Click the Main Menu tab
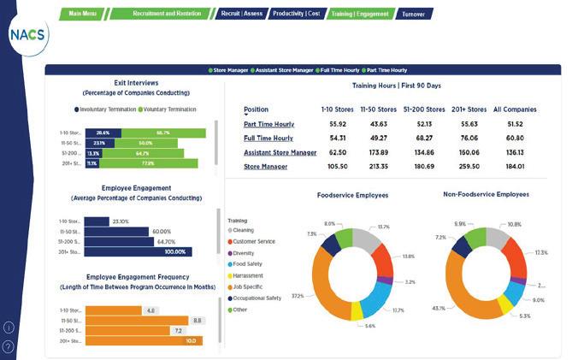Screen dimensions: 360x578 point(82,14)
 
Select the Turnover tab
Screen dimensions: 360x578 point(415,14)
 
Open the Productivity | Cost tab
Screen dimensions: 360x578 point(295,14)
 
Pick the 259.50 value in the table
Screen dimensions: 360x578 point(469,166)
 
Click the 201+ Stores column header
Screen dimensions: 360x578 point(469,109)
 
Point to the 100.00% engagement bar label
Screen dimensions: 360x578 point(174,251)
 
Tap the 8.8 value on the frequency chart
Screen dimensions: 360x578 point(197,320)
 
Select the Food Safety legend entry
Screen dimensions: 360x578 point(248,263)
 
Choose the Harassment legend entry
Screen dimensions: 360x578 point(248,275)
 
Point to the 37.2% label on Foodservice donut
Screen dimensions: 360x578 point(298,297)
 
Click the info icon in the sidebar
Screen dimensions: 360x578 point(9,328)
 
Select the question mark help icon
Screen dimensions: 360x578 point(9,346)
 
